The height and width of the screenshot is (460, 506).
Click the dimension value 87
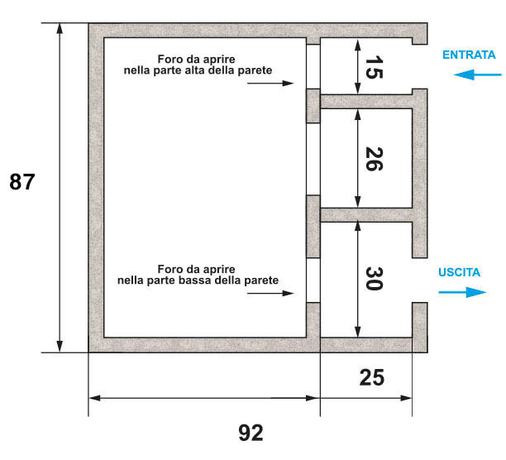pyautogui.click(x=22, y=182)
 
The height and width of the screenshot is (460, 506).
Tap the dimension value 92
pyautogui.click(x=251, y=433)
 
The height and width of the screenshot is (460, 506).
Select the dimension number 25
pyautogui.click(x=372, y=378)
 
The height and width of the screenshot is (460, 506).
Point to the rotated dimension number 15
pyautogui.click(x=374, y=67)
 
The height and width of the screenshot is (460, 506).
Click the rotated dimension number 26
pyautogui.click(x=374, y=159)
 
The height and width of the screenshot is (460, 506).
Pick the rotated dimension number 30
pyautogui.click(x=374, y=279)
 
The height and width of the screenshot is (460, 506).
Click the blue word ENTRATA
pyautogui.click(x=469, y=55)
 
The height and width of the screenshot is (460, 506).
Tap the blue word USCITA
pyautogui.click(x=459, y=272)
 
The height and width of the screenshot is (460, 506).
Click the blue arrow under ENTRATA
pyautogui.click(x=478, y=75)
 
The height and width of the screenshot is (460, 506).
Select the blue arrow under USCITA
pyautogui.click(x=462, y=292)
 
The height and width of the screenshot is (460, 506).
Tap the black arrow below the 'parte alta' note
pyautogui.click(x=270, y=84)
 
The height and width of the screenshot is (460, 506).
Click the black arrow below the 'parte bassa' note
pyautogui.click(x=270, y=293)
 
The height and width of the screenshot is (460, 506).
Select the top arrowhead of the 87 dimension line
pyautogui.click(x=60, y=28)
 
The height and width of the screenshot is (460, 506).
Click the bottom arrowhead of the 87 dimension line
pyautogui.click(x=60, y=347)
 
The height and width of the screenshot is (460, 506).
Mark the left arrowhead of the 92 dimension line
pyautogui.click(x=94, y=398)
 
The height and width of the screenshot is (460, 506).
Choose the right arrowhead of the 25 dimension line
pyautogui.click(x=406, y=398)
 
